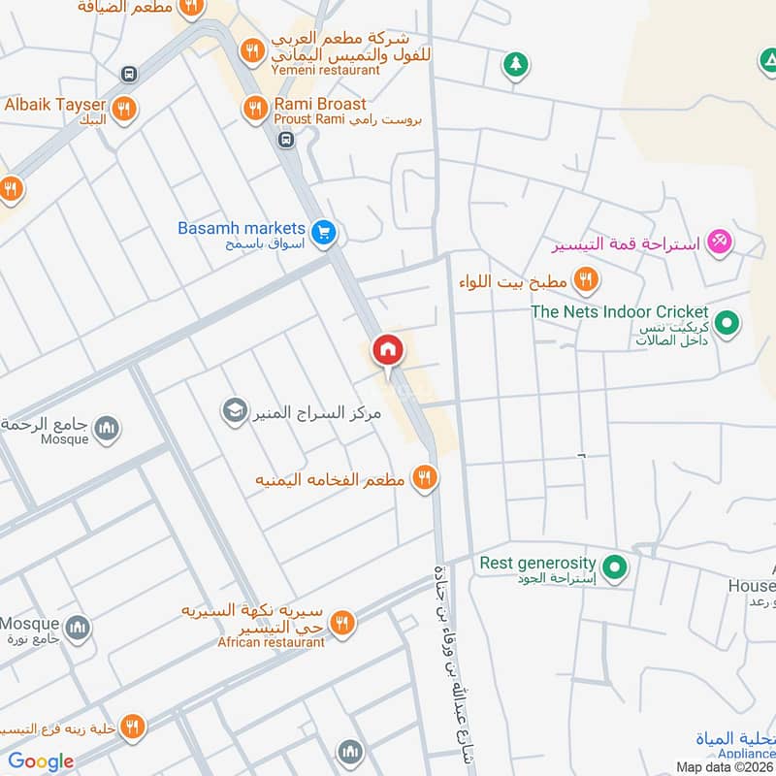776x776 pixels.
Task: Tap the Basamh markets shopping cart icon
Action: click(x=324, y=231)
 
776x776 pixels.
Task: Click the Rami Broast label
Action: click(x=320, y=104)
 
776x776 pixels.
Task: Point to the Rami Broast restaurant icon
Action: click(x=255, y=109)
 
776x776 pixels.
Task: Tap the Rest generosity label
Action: click(x=536, y=563)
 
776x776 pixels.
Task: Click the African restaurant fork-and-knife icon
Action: click(x=340, y=625)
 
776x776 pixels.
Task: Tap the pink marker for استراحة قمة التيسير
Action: click(x=718, y=240)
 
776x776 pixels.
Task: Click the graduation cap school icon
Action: click(x=234, y=411)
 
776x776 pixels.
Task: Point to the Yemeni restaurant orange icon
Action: click(x=252, y=51)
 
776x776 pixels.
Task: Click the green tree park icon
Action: click(x=515, y=65)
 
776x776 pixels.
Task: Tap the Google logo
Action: click(x=41, y=761)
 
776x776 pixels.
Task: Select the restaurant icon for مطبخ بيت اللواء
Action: click(x=585, y=281)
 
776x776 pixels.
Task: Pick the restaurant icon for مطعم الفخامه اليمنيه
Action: click(x=424, y=477)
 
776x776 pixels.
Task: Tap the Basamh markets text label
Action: click(x=242, y=228)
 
